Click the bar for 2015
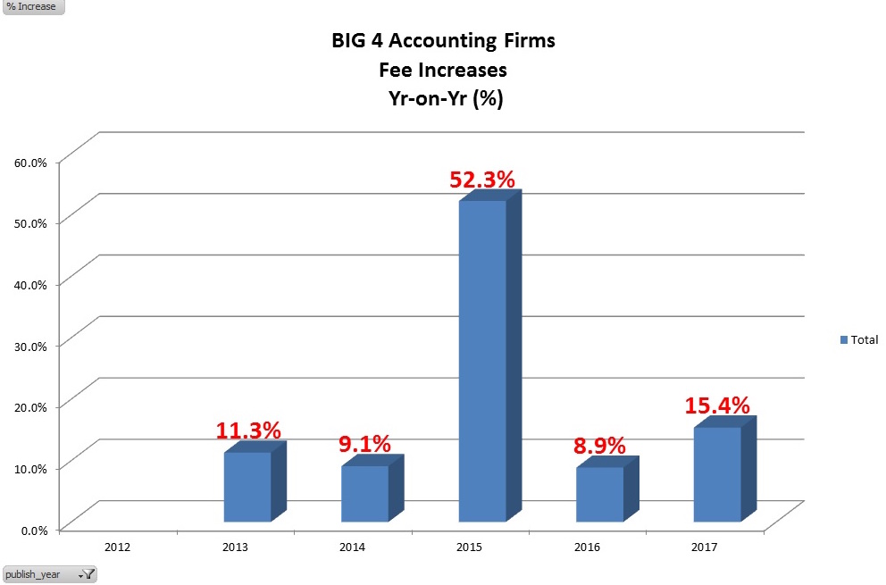click(x=482, y=361)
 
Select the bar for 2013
click(x=247, y=487)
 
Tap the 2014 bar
click(x=364, y=493)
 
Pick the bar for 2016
click(x=599, y=494)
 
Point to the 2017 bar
click(x=717, y=474)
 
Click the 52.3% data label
click(x=482, y=180)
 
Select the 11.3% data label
click(x=248, y=430)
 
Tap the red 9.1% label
click(x=364, y=444)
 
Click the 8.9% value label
click(x=599, y=446)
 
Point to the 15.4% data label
click(x=717, y=405)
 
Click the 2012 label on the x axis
click(x=118, y=545)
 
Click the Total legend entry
click(x=859, y=339)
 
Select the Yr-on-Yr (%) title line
click(x=442, y=99)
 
